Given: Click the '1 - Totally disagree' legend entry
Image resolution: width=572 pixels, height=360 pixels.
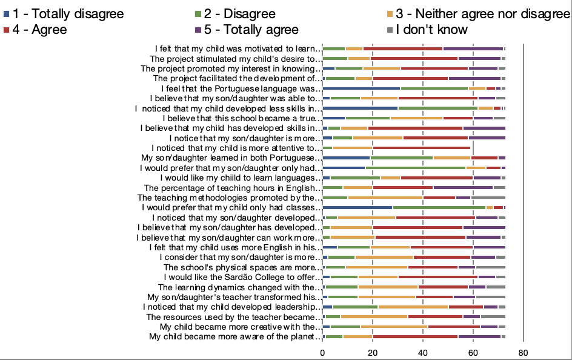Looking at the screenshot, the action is (x=64, y=14).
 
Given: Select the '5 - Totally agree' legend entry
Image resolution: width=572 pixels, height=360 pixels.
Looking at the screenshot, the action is (x=247, y=30).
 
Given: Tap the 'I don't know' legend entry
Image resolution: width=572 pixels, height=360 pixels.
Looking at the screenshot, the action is (x=427, y=30).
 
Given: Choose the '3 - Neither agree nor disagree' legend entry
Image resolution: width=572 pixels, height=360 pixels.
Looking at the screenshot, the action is (x=479, y=14).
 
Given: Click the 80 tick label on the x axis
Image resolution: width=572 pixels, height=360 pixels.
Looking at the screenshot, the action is (x=523, y=353).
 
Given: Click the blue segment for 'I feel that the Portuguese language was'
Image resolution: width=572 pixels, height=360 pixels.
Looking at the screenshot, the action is (x=362, y=88).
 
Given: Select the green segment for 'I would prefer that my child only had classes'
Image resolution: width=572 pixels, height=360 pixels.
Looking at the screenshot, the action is (x=439, y=207).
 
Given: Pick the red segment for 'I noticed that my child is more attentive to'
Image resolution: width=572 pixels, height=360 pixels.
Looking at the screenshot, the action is (x=421, y=148).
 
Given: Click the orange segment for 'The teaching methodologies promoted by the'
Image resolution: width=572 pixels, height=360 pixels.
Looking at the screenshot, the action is (x=385, y=198).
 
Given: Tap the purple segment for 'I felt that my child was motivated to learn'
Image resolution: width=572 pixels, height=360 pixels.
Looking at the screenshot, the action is (x=473, y=49).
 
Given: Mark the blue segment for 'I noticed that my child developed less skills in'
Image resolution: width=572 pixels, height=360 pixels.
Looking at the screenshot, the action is (x=361, y=108).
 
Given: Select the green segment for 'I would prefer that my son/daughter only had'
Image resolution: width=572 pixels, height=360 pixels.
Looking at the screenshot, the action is (x=416, y=168).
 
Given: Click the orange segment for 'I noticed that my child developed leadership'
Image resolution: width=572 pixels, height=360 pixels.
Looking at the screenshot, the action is (x=413, y=307).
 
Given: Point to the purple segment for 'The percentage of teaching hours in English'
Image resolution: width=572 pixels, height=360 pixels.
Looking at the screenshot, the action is (x=463, y=188).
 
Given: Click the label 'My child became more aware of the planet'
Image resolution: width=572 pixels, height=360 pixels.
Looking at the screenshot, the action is (x=235, y=336).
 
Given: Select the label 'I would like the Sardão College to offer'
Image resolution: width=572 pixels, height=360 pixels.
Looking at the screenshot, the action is (x=242, y=277).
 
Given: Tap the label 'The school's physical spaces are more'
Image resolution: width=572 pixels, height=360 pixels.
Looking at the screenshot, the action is (x=242, y=267).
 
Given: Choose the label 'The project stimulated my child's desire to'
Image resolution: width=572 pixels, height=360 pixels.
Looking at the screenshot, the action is (x=236, y=59).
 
